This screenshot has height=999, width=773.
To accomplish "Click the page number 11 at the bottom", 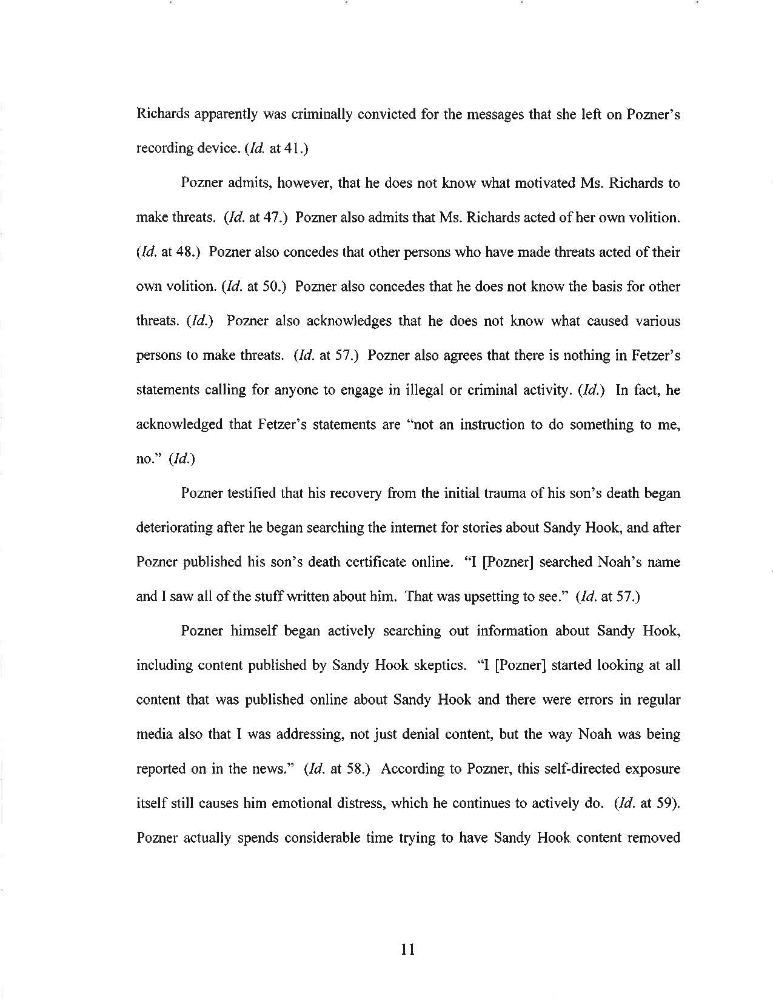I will point(407,949).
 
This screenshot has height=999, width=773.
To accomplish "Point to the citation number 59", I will point(668,803).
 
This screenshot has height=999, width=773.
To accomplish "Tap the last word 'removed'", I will point(652,838).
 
